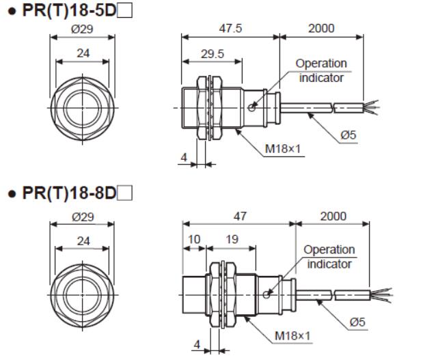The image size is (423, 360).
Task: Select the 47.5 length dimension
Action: pyautogui.click(x=230, y=29)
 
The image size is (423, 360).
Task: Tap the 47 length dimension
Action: pyautogui.click(x=238, y=216)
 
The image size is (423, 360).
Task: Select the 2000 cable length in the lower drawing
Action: pyautogui.click(x=332, y=216)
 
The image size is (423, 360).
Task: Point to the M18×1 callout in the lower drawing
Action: pyautogui.click(x=292, y=335)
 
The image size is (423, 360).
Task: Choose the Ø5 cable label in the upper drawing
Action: pyautogui.click(x=349, y=135)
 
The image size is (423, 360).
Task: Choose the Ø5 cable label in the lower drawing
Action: pyautogui.click(x=357, y=321)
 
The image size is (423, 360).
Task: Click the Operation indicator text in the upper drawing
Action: pyautogui.click(x=320, y=70)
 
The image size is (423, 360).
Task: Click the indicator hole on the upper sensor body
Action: pyautogui.click(x=253, y=107)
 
